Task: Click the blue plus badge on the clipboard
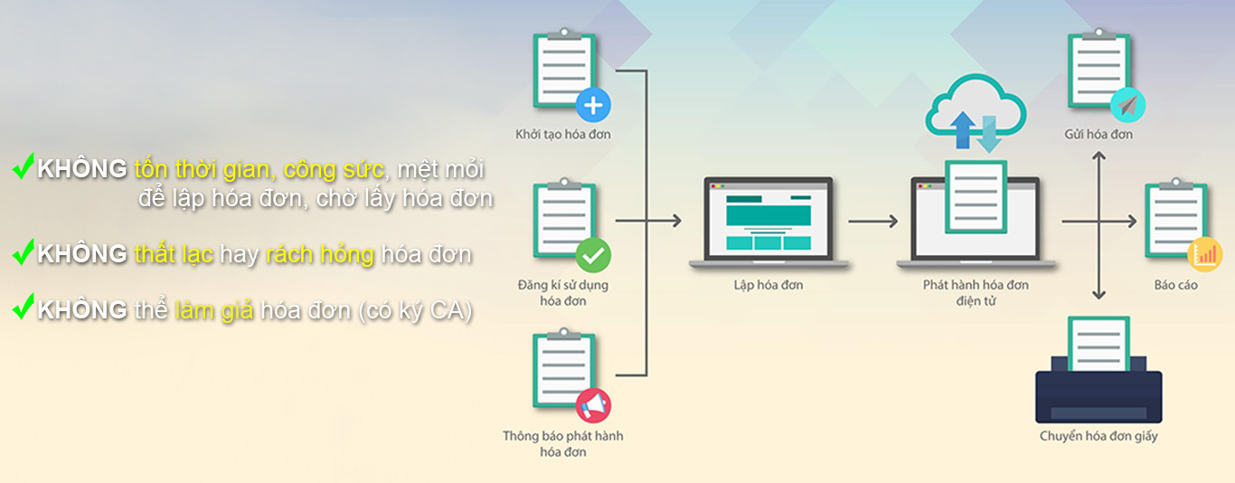pyautogui.click(x=593, y=105)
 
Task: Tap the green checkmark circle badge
pyautogui.click(x=593, y=255)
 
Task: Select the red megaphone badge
pyautogui.click(x=593, y=406)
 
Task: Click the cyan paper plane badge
pyautogui.click(x=1127, y=105)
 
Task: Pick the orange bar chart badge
pyautogui.click(x=1204, y=255)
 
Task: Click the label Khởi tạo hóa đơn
pyautogui.click(x=563, y=135)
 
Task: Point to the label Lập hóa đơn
pyautogui.click(x=768, y=285)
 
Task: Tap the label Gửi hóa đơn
pyautogui.click(x=1098, y=135)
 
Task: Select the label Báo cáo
pyautogui.click(x=1175, y=285)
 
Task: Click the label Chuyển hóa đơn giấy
pyautogui.click(x=1098, y=436)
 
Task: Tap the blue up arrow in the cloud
pyautogui.click(x=963, y=130)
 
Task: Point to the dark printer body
pyautogui.click(x=1098, y=397)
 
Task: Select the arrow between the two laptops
pyautogui.click(x=873, y=222)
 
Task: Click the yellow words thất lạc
pyautogui.click(x=174, y=255)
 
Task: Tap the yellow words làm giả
pyautogui.click(x=214, y=311)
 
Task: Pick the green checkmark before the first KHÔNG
pyautogui.click(x=24, y=166)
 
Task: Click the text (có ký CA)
pyautogui.click(x=416, y=311)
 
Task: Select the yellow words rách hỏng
pyautogui.click(x=320, y=255)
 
